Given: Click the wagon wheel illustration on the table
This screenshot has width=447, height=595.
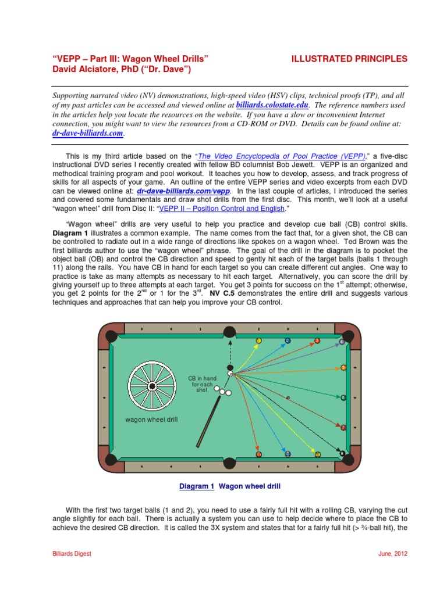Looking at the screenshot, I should click(x=151, y=386).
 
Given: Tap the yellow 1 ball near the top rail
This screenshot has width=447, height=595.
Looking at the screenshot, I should click(x=259, y=340).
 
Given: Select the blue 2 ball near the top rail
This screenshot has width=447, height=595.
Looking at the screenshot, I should click(x=288, y=340).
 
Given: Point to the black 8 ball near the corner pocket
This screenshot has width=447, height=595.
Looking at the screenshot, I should click(x=342, y=453).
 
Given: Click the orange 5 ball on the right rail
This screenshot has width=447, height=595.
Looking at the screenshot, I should click(x=343, y=368).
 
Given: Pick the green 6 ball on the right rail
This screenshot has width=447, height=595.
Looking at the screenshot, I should click(x=343, y=398).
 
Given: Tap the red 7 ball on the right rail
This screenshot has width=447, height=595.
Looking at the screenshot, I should click(x=343, y=428).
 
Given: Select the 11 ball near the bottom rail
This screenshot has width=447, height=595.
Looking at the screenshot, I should click(x=259, y=454).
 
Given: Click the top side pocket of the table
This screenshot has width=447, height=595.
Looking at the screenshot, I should click(x=230, y=332).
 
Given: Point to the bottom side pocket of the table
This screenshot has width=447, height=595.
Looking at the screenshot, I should click(x=230, y=463).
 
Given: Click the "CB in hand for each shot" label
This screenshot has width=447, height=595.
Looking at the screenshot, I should click(x=201, y=384).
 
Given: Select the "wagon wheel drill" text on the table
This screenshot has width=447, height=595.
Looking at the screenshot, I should click(x=151, y=420).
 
